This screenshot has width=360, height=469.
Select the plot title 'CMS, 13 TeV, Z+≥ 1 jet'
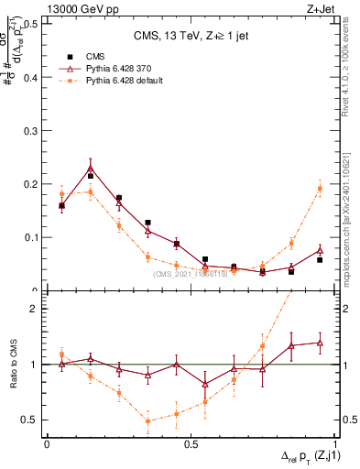190,37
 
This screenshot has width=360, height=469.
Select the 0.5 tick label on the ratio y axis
31,420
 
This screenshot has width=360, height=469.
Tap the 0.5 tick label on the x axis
191,444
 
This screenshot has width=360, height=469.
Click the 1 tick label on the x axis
336,444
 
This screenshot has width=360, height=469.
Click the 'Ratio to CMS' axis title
15,365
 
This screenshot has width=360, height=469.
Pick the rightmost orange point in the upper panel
320,189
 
